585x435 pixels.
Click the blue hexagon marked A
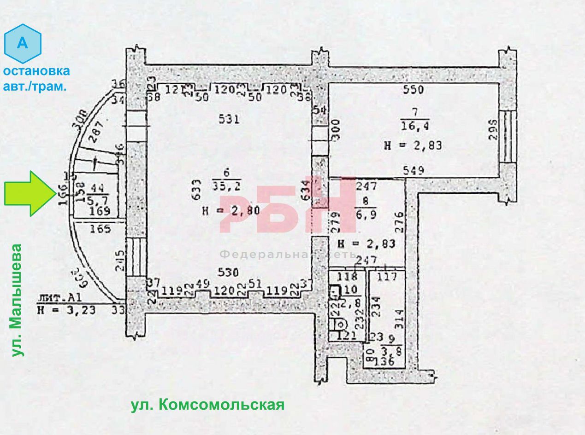[x=23, y=44]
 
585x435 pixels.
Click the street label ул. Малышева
[x=17, y=300]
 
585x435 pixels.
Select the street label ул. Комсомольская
[x=207, y=405]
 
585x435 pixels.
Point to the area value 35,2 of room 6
[x=227, y=186]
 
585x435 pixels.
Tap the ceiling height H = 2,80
[x=232, y=211]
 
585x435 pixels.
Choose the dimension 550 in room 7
[x=413, y=90]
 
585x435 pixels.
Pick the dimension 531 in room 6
[x=229, y=120]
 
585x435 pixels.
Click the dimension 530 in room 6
[x=229, y=273]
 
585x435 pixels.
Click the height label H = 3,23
[x=67, y=310]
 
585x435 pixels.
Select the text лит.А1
[x=54, y=298]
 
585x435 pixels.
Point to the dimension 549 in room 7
[x=413, y=170]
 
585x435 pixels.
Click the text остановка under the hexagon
[x=36, y=71]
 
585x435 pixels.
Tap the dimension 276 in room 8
[x=399, y=222]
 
